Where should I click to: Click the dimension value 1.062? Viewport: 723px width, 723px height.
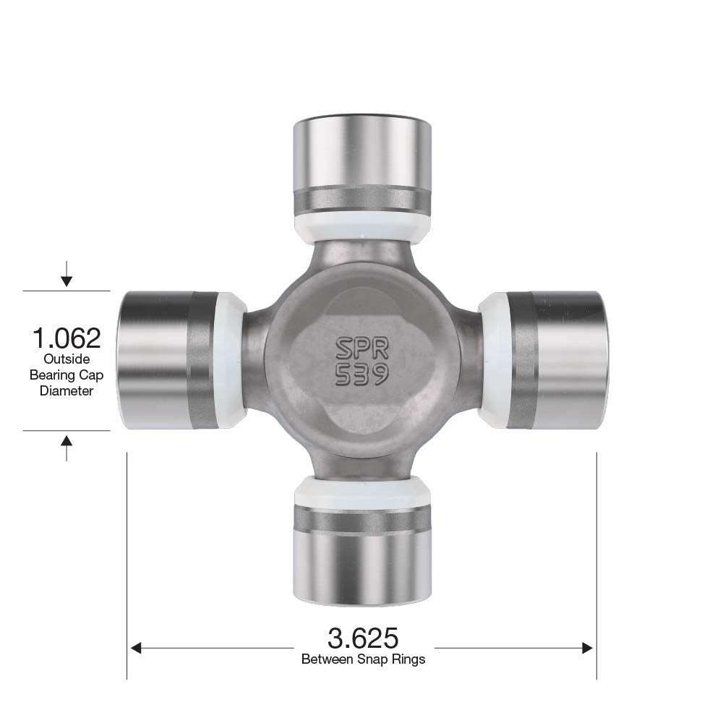pos(66,338)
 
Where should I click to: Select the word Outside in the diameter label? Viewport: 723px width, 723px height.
pos(66,359)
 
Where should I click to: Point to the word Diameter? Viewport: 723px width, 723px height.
pos(67,390)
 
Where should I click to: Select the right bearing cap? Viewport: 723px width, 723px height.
pos(560,360)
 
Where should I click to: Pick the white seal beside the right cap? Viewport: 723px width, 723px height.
pos(492,360)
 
